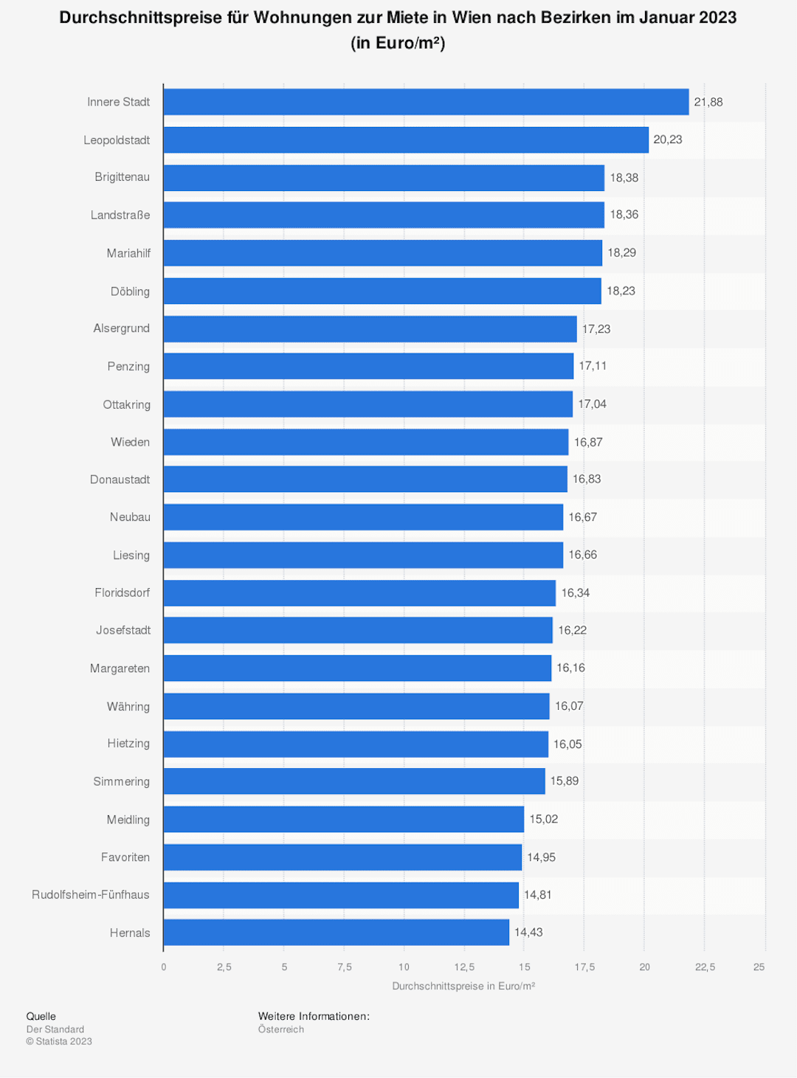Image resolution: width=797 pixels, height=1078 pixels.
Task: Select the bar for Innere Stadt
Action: (x=426, y=102)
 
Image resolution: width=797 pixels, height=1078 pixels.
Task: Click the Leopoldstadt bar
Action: (x=406, y=140)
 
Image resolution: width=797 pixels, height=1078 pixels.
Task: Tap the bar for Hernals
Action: (x=337, y=932)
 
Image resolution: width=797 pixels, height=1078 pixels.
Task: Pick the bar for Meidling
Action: (x=344, y=819)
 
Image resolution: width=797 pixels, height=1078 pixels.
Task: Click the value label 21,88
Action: (x=708, y=102)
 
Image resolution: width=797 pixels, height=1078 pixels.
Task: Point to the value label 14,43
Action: (x=528, y=932)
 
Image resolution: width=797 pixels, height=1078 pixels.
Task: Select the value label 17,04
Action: (x=592, y=404)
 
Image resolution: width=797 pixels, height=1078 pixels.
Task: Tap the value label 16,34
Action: (x=576, y=592)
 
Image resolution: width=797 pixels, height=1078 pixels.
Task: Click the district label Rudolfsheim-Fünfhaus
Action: (x=91, y=895)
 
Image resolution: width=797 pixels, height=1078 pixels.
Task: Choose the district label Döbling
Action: (x=130, y=291)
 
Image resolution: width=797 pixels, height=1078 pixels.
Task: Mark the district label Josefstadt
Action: (x=123, y=630)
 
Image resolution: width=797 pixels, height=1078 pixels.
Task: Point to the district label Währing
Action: (x=128, y=706)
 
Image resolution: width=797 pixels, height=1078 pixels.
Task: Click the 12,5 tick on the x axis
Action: (x=464, y=967)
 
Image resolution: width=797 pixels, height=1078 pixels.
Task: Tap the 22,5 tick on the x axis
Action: (x=705, y=967)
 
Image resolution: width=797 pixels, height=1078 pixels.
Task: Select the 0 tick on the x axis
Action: (x=163, y=967)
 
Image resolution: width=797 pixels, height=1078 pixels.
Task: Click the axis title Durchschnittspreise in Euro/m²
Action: (x=463, y=987)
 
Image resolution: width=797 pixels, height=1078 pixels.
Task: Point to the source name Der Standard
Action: (x=55, y=1029)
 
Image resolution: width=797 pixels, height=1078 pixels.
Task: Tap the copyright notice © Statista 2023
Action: (x=59, y=1041)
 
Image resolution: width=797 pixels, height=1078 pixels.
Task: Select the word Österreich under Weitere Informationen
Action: (x=281, y=1029)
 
